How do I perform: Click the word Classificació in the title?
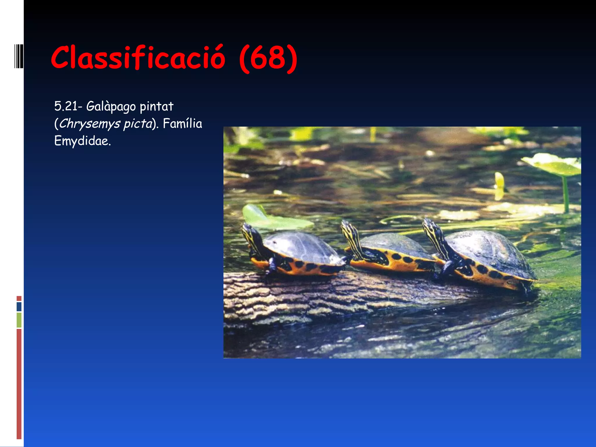pyautogui.click(x=138, y=58)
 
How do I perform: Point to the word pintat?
pyautogui.click(x=156, y=107)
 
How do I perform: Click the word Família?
pyautogui.click(x=182, y=124)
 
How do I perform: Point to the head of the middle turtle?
pyautogui.click(x=348, y=227)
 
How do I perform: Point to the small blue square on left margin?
pyautogui.click(x=19, y=306)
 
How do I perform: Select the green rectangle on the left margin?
pyautogui.click(x=19, y=320)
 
